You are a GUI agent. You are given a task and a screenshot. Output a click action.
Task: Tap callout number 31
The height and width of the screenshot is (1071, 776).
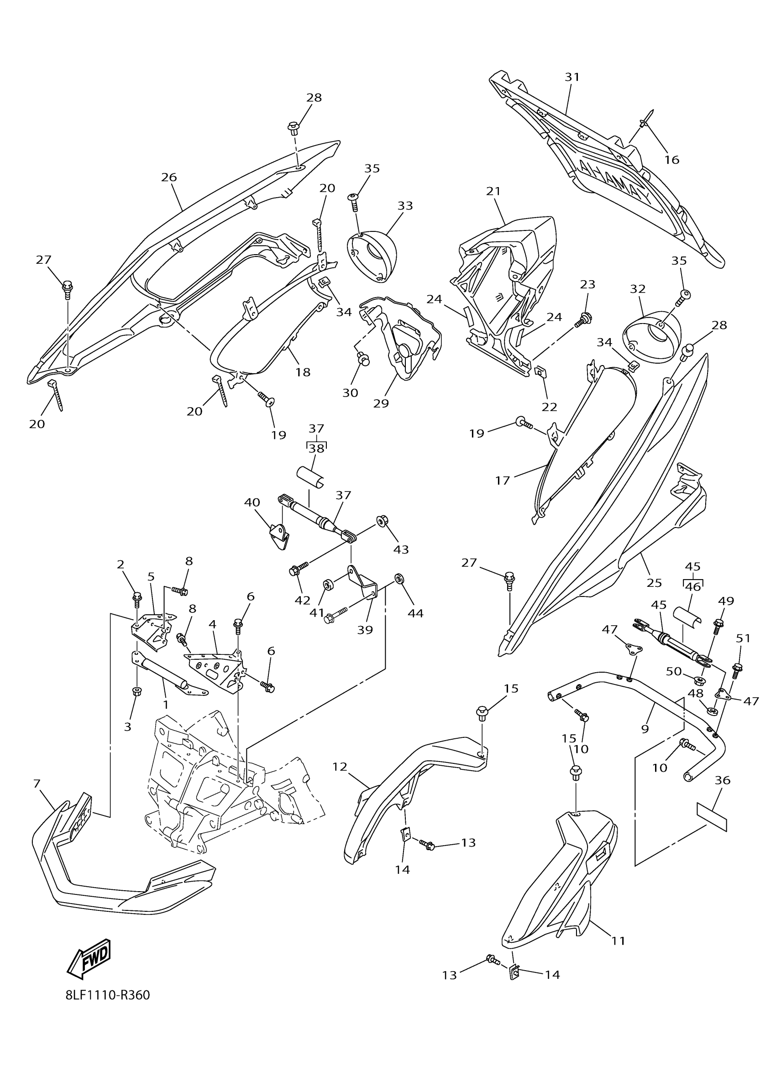(x=572, y=77)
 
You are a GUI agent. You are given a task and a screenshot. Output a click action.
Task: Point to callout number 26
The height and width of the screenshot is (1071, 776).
(x=168, y=178)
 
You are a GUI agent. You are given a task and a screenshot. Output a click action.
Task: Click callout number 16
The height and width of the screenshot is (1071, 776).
(x=671, y=160)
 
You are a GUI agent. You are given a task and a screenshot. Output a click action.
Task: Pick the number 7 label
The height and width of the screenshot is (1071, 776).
(x=37, y=784)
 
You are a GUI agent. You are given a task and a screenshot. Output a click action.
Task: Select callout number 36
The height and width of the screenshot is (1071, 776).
(x=723, y=781)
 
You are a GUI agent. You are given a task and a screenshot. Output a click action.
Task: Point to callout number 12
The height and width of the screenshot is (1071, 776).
(x=340, y=767)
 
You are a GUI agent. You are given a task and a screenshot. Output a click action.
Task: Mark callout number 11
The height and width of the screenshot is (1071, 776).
(x=618, y=941)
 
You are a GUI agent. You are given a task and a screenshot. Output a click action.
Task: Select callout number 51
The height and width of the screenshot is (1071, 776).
(x=743, y=638)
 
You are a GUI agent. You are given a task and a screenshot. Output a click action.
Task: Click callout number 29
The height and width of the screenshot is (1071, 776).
(x=381, y=403)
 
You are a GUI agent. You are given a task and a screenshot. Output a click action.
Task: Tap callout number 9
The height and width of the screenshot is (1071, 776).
(x=645, y=729)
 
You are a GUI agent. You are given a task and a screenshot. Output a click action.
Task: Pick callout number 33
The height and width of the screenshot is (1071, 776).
(x=405, y=206)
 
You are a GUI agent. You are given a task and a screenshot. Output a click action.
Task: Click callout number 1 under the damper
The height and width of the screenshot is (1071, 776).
(x=165, y=705)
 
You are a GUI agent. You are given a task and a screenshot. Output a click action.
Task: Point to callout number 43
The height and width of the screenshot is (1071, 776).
(x=401, y=549)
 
